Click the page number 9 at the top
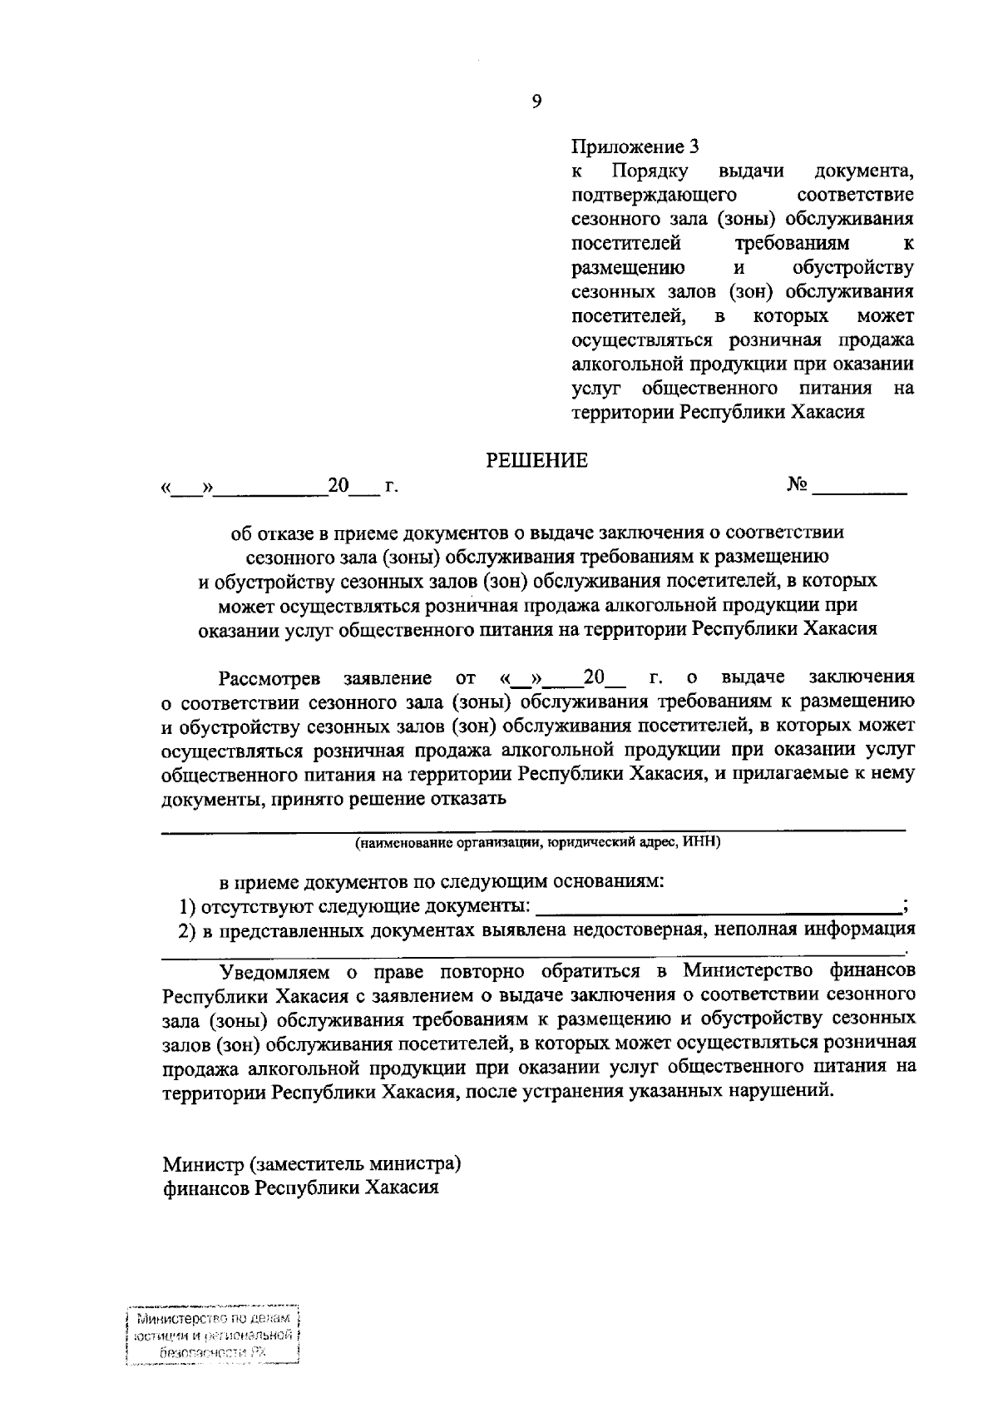(536, 101)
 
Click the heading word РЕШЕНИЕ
(536, 460)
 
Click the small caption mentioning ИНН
(538, 843)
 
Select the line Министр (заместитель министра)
(312, 1163)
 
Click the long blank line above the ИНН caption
(532, 829)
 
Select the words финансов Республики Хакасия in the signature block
(301, 1187)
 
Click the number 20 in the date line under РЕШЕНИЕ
(338, 484)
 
